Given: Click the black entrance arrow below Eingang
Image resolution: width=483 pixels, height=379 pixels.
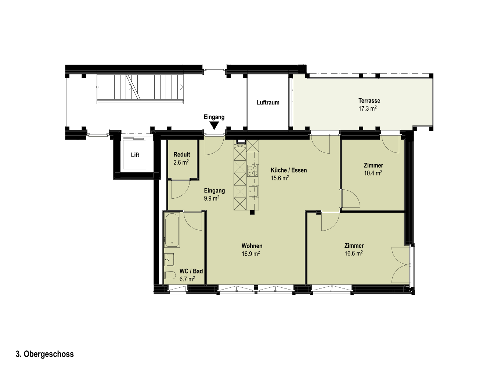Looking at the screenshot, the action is click(215, 125).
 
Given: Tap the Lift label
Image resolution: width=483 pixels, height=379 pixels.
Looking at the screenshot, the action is click(135, 155).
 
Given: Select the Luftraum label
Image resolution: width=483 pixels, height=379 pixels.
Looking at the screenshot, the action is click(268, 103).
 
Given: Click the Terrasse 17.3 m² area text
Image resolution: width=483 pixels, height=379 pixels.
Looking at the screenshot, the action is click(367, 108).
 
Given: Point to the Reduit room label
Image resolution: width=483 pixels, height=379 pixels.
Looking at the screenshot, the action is click(182, 155).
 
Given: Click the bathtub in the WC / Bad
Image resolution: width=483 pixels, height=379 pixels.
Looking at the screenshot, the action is click(172, 230).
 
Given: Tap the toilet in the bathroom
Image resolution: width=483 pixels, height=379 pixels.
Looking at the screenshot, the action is click(170, 275).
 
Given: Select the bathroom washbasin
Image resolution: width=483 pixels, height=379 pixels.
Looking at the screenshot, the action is click(169, 260).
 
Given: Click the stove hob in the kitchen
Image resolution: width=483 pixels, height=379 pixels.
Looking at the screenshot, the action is click(253, 171).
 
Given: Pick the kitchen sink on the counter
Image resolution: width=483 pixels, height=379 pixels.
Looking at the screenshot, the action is click(253, 191).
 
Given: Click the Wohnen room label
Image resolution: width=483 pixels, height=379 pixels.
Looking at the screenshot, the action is click(252, 246).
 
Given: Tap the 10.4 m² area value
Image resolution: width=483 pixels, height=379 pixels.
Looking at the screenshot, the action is click(373, 173).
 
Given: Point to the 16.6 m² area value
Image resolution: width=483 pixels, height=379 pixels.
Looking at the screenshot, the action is click(354, 253).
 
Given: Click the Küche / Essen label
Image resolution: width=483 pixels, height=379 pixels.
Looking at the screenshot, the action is click(289, 170).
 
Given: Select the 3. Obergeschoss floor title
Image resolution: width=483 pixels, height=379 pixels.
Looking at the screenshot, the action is click(45, 354).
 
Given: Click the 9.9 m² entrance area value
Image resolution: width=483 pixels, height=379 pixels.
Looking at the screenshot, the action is click(212, 198).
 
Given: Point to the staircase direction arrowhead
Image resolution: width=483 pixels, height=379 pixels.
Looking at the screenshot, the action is click(182, 87).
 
